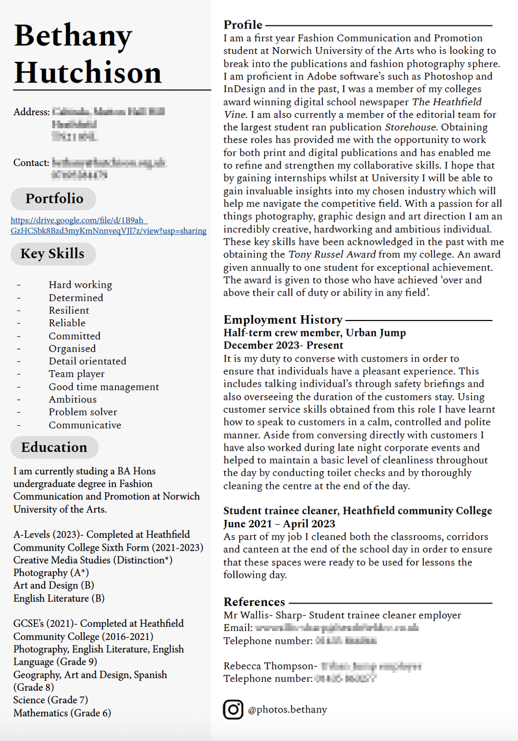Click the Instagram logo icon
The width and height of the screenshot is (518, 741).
point(233,709)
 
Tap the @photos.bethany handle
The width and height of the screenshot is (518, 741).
point(288,709)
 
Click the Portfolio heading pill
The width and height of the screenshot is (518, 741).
point(54,198)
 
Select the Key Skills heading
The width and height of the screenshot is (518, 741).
point(53,253)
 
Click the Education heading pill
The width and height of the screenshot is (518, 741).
point(54,447)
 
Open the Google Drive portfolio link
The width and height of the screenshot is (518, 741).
point(108,225)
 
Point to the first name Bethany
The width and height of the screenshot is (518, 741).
point(73,36)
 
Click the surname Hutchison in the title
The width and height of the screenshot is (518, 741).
point(88,72)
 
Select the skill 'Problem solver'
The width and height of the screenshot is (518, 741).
point(83,412)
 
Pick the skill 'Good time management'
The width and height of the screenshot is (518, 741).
point(104,387)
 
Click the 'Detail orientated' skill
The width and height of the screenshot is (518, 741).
point(87,361)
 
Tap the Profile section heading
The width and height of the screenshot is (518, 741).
point(243,25)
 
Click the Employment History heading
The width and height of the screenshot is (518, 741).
point(283,319)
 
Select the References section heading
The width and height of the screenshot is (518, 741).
point(254,602)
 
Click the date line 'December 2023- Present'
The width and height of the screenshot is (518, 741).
point(283,345)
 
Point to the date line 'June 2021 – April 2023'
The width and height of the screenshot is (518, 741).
point(279,524)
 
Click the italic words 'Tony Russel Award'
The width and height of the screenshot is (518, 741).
point(332,254)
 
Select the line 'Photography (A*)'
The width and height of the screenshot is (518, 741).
point(51,573)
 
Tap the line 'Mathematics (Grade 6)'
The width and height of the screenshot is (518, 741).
point(62,713)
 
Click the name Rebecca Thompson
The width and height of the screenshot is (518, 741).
point(269,666)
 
